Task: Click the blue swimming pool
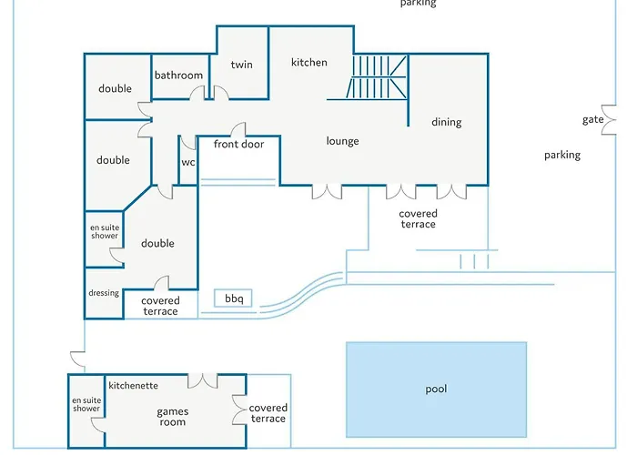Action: point(436,389)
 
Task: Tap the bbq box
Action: point(233,298)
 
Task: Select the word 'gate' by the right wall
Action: point(592,120)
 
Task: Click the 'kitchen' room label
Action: point(309,62)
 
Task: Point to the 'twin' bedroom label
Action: point(242,65)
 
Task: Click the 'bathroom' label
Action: point(178,76)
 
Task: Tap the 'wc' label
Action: point(188,163)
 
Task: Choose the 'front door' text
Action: point(238,144)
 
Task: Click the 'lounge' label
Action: point(342,141)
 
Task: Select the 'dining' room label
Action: point(447,122)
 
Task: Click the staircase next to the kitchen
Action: point(376,76)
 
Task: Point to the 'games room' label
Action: point(172,417)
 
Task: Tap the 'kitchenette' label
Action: point(133,386)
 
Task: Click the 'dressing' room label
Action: point(104,293)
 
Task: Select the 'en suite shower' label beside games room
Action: point(86,405)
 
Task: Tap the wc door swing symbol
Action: point(187,144)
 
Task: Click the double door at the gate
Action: point(609,120)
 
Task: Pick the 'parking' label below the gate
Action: point(562,156)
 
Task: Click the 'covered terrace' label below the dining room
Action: point(418,219)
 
